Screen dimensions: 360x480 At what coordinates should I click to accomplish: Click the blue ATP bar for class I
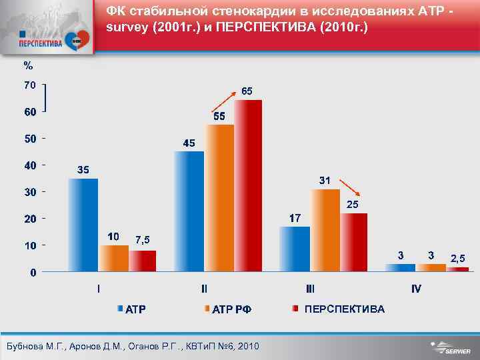[83, 225]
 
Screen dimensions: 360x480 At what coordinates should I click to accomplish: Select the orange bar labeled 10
[114, 258]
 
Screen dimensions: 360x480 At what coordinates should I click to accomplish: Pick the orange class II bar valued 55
[220, 198]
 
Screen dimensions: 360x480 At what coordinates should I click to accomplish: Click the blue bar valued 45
[189, 211]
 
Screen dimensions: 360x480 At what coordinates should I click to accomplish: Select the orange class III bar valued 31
[325, 230]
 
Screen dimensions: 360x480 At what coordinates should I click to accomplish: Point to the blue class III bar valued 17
[294, 249]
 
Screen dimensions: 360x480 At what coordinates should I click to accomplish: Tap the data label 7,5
[142, 239]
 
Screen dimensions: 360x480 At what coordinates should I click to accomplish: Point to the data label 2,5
[457, 257]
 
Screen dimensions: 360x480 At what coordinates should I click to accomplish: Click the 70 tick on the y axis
[28, 85]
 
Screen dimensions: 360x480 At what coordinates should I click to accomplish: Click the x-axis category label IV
[416, 289]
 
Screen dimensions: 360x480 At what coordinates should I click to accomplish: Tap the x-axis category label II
[204, 289]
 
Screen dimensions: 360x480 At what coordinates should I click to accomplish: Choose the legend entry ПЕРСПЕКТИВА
[343, 309]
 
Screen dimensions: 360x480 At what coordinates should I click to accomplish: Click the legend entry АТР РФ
[231, 309]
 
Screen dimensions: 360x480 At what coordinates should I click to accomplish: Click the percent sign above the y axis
[27, 65]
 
